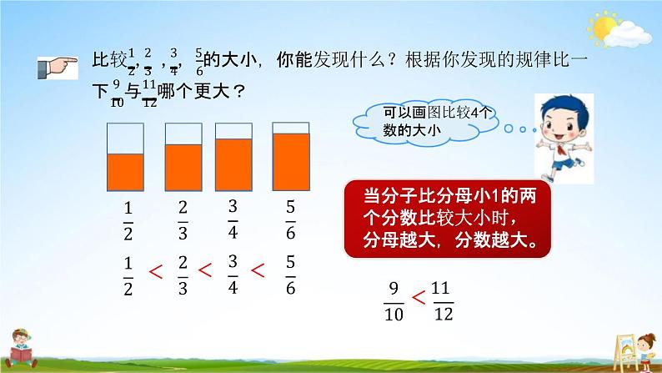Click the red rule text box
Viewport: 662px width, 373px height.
(450, 219)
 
